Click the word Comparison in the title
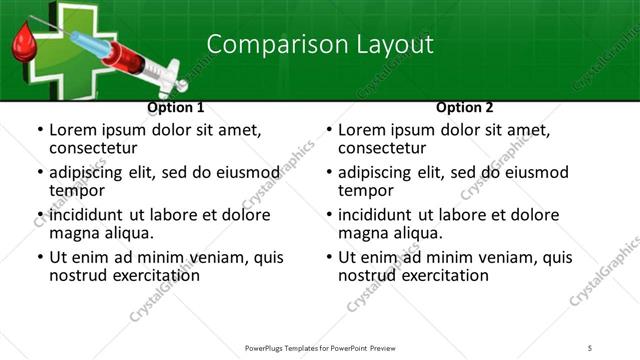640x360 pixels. tap(263, 44)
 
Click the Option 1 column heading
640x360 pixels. tap(176, 107)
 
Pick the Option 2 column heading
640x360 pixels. tap(465, 107)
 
